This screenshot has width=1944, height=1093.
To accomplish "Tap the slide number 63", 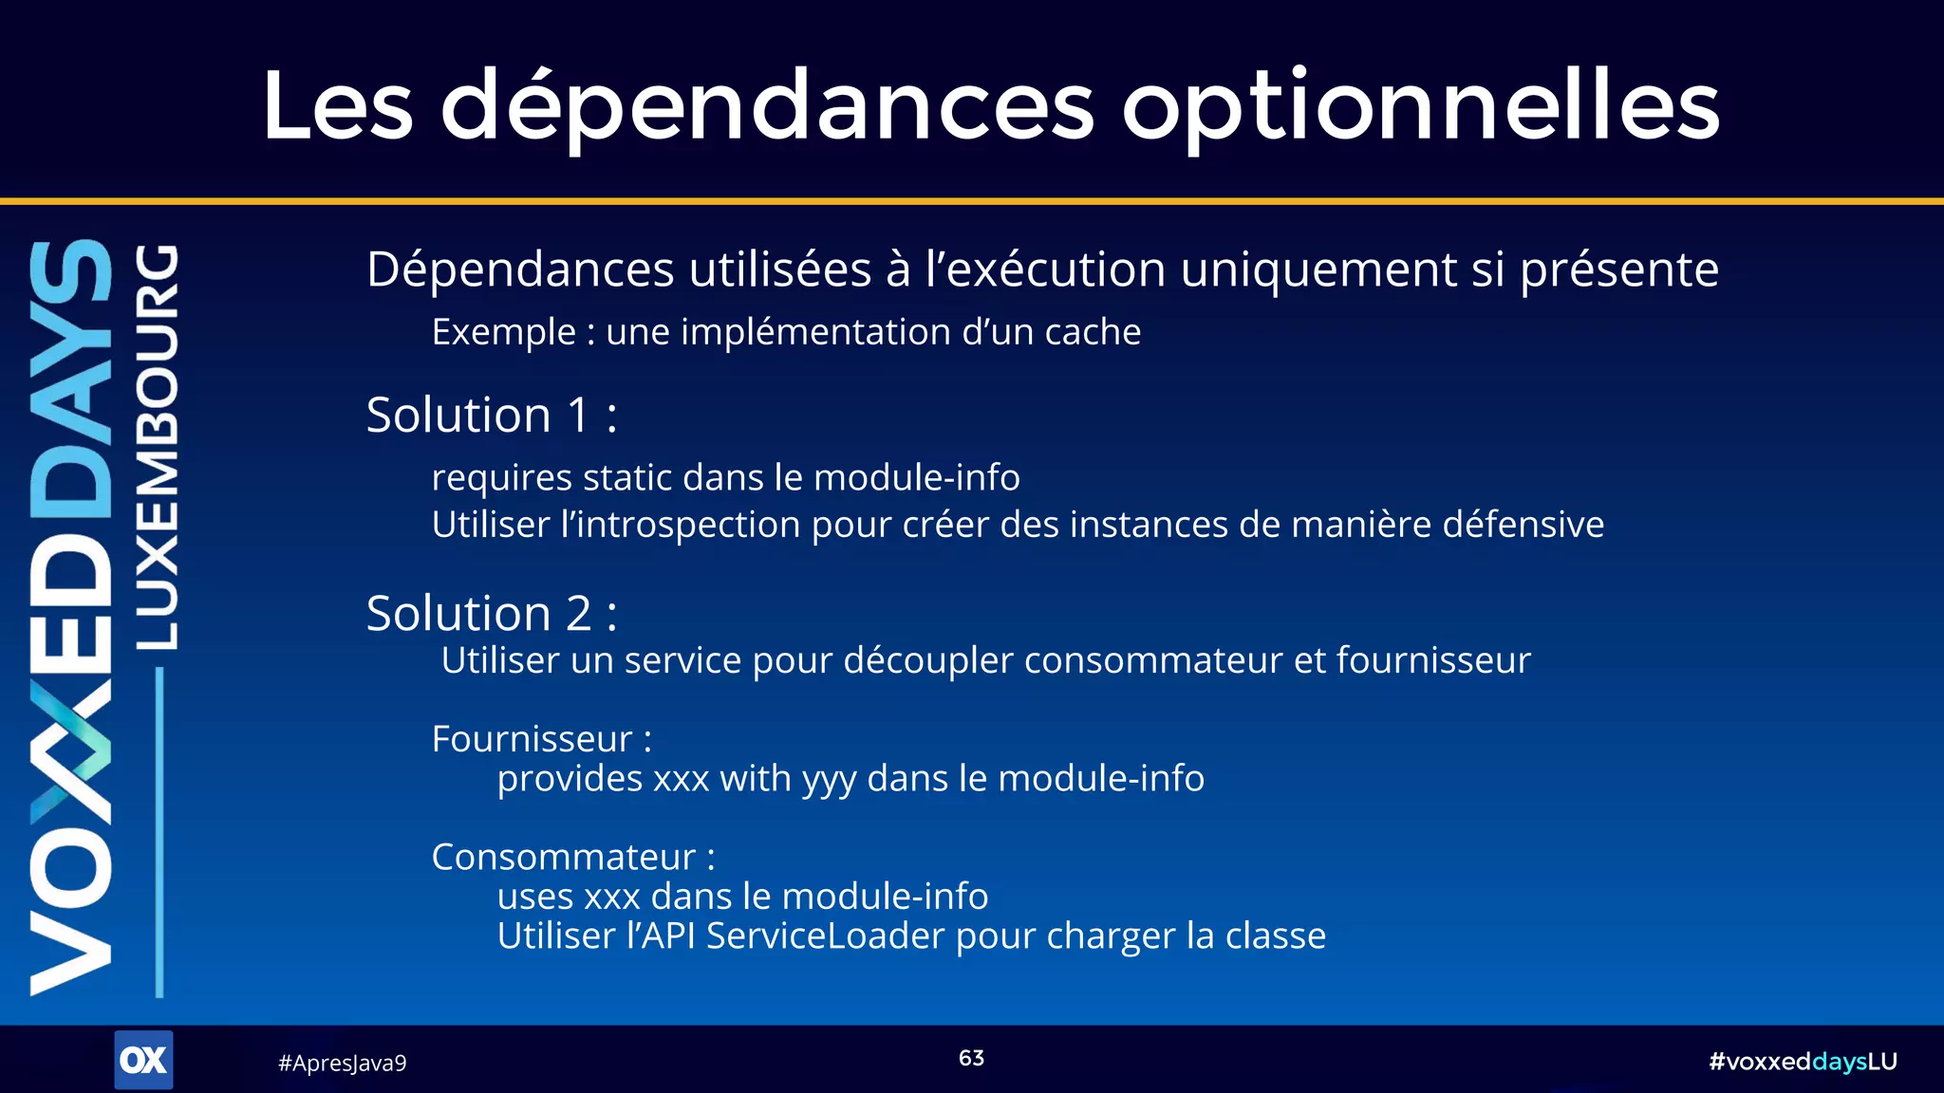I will point(971,1058).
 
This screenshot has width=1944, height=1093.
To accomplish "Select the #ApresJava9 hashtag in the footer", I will point(342,1063).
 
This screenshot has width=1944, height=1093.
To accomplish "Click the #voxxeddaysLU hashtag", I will point(1802,1062).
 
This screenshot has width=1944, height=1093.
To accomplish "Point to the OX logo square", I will point(143,1060).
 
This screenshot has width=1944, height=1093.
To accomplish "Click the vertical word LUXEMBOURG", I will point(156,447).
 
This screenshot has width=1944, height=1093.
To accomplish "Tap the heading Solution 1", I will point(491,416).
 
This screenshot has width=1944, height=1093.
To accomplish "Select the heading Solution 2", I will point(491,614).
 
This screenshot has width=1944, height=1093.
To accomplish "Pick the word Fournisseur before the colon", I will point(532,739).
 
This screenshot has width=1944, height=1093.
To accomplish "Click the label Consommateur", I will point(564,857).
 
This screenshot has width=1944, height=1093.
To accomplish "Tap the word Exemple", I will point(503,332).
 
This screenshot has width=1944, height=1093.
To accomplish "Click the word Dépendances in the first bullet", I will point(521,270).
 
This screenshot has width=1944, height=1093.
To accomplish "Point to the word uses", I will point(534,897).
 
